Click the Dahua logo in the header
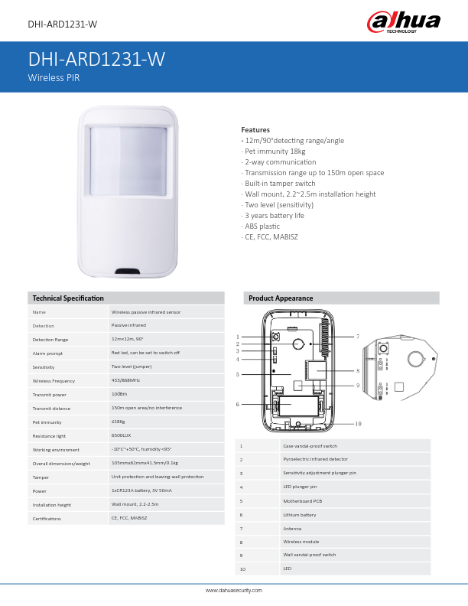(x=403, y=22)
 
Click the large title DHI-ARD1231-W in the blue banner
(x=96, y=60)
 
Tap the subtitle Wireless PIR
(x=54, y=78)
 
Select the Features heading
(x=255, y=130)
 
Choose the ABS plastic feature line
(x=262, y=226)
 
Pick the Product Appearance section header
(x=281, y=298)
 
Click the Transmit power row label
(x=50, y=394)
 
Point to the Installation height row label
(x=52, y=505)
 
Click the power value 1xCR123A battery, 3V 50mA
(x=152, y=490)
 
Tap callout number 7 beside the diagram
(x=357, y=337)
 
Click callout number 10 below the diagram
(x=358, y=423)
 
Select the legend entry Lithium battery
(x=299, y=515)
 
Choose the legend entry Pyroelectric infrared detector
(x=315, y=459)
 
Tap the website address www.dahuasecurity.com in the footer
(x=234, y=591)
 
